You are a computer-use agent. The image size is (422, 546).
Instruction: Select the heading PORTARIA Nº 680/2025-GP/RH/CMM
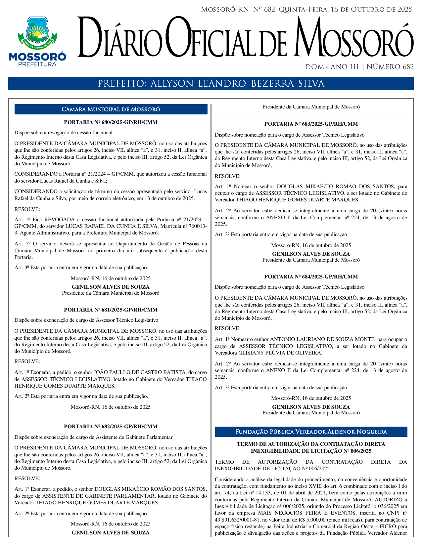click(x=111, y=122)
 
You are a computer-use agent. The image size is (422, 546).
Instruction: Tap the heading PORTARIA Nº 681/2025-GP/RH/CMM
click(x=111, y=310)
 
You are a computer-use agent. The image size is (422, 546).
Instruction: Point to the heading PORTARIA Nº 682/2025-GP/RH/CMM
click(x=111, y=427)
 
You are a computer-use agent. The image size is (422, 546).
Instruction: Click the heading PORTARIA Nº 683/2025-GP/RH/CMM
click(x=311, y=124)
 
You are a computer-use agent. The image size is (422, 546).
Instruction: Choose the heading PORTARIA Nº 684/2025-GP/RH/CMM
click(x=311, y=276)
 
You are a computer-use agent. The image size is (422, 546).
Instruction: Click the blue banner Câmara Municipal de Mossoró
click(x=111, y=109)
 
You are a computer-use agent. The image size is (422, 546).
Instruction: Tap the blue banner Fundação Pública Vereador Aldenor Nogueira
click(x=311, y=432)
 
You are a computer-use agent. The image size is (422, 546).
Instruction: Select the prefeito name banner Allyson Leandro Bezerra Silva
click(x=211, y=84)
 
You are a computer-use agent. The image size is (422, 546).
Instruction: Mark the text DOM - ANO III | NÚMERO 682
click(x=359, y=67)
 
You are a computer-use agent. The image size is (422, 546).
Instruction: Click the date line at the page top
click(x=307, y=10)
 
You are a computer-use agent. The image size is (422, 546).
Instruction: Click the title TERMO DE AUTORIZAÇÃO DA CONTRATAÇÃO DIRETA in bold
click(x=311, y=444)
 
